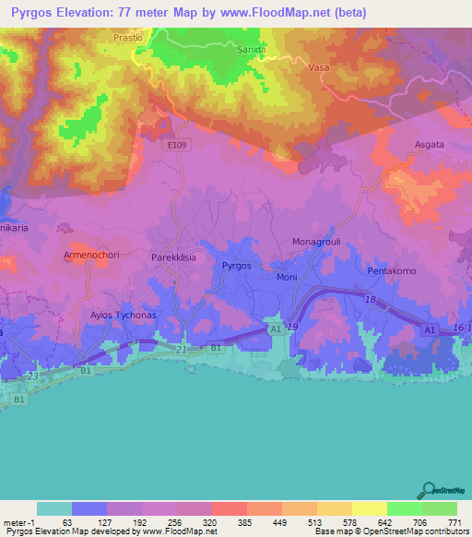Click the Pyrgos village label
pos(237,266)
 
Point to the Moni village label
pos(287,277)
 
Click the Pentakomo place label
pos(393,272)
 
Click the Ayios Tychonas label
pos(124,315)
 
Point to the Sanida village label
pos(251,50)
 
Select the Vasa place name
pos(318,67)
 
